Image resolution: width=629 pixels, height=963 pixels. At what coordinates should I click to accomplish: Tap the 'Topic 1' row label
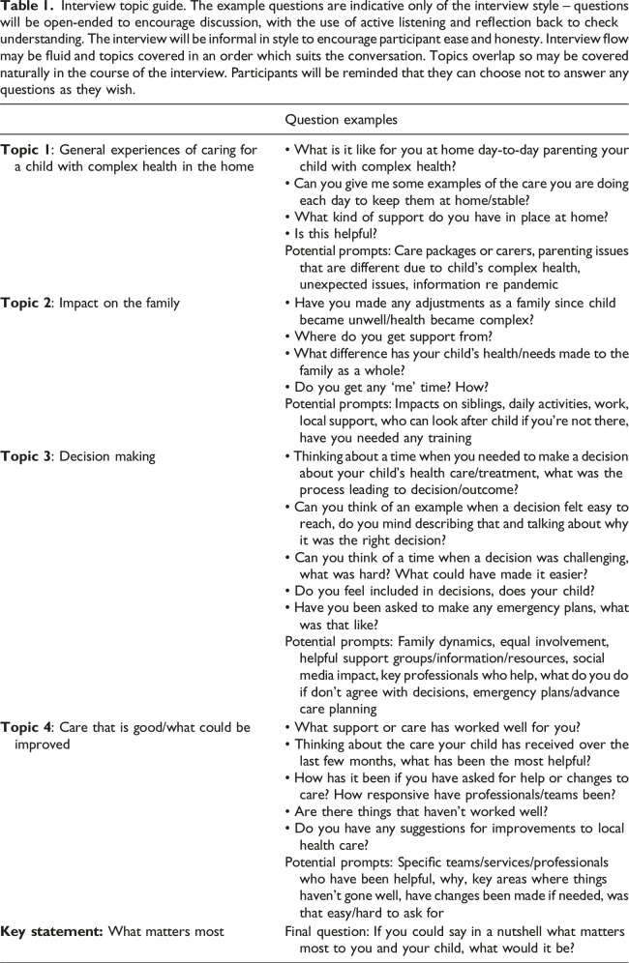28,151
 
